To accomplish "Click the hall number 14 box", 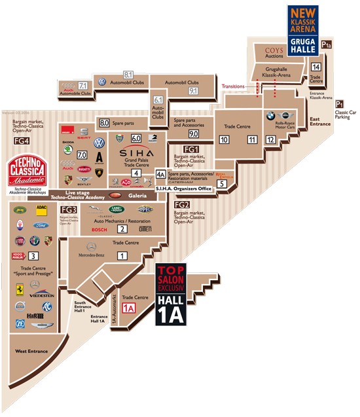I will pyautogui.click(x=315, y=67).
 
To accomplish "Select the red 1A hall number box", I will pyautogui.click(x=128, y=307).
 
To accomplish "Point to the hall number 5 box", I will pyautogui.click(x=222, y=184).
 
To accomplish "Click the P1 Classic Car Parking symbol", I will pyautogui.click(x=340, y=104).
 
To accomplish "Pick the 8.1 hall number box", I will pyautogui.click(x=128, y=75).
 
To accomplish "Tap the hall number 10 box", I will pyautogui.click(x=224, y=139).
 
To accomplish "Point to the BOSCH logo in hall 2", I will pyautogui.click(x=99, y=229).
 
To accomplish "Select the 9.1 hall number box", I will pyautogui.click(x=193, y=92).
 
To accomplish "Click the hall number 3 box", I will pyautogui.click(x=33, y=238).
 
